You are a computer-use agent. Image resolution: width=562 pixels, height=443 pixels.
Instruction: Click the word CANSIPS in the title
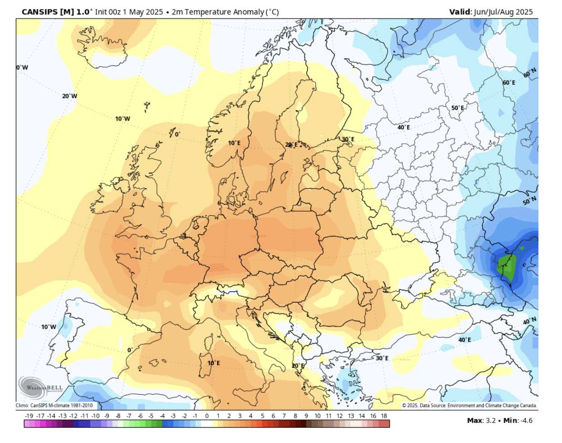[x=39, y=12]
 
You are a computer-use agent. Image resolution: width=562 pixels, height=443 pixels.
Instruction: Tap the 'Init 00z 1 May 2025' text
[x=129, y=12]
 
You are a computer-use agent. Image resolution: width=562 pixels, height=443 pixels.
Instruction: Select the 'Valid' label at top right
[x=460, y=12]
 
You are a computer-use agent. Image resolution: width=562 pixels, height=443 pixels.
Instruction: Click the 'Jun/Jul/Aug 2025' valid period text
[x=503, y=12]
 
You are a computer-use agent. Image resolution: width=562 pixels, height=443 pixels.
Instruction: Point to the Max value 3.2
[x=490, y=420]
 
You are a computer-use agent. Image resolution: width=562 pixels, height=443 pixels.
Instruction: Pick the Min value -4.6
[x=526, y=420]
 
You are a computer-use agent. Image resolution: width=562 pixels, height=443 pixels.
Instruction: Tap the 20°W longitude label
[x=69, y=96]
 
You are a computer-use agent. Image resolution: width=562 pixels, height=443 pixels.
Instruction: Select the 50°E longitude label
[x=457, y=108]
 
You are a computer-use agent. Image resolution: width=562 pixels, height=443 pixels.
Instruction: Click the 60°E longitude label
[x=509, y=83]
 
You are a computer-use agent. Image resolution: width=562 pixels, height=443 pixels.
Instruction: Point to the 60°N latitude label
[x=530, y=72]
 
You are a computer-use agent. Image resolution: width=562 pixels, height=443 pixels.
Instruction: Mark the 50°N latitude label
[x=530, y=201]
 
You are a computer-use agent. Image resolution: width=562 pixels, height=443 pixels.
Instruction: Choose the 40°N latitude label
[x=530, y=321]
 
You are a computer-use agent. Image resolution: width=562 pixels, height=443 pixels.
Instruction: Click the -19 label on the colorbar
[x=29, y=416]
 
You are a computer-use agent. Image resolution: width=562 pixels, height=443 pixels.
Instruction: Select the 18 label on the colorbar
[x=384, y=416]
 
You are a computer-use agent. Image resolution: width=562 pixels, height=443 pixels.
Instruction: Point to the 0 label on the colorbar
[x=207, y=416]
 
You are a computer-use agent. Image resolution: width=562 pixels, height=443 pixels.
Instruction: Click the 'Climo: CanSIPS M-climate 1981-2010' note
[x=54, y=406]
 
